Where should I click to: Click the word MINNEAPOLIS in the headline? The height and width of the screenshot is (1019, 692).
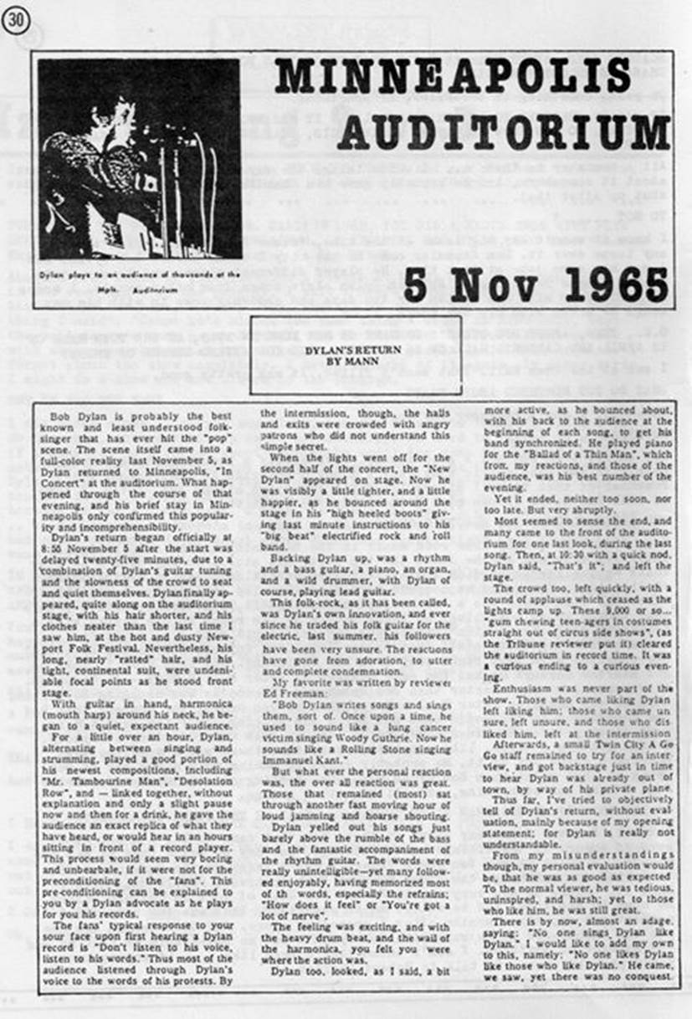453,77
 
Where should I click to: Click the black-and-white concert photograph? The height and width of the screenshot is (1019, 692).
139,158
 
